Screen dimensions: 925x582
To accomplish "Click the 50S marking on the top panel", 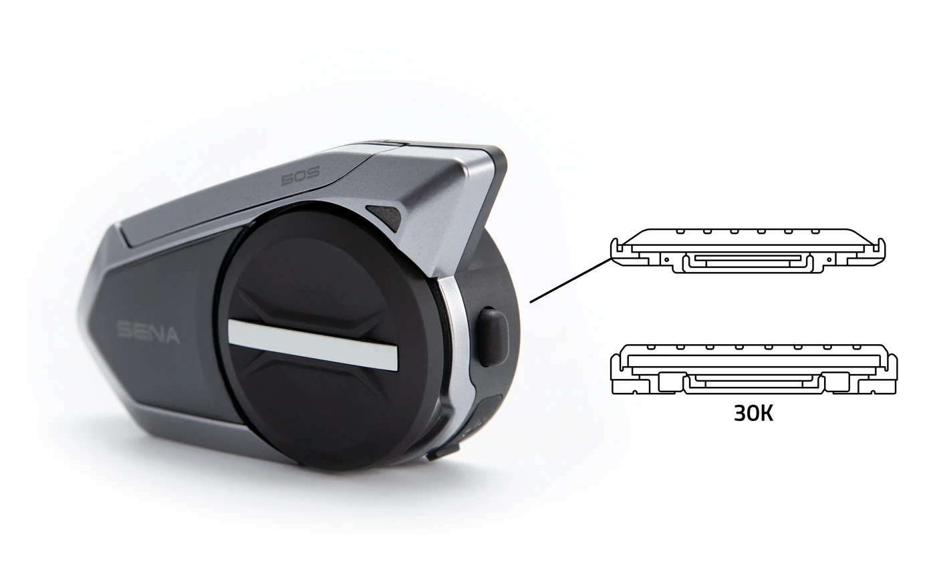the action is pos(300,176).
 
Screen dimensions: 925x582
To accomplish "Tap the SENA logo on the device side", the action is pos(148,332).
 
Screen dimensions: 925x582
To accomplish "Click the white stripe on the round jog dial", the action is pos(313,344).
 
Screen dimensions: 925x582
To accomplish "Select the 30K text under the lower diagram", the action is pos(753,413).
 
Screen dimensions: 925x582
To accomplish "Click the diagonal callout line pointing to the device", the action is pos(571,280).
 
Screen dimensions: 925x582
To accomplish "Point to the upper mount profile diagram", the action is pos(748,251).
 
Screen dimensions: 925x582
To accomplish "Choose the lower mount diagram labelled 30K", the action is pos(754,368).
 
